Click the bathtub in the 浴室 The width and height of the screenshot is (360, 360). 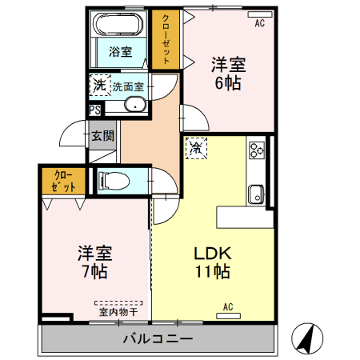point(118,24)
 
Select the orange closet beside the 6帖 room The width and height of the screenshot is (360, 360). point(166,39)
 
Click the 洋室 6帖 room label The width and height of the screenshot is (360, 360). point(227,72)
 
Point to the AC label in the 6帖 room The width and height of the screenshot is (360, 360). point(259,23)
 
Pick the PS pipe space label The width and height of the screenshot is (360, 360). point(94,110)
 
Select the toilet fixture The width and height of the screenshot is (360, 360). point(111,181)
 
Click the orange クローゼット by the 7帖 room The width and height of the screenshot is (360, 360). point(63,181)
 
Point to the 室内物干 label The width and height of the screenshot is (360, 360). point(118,311)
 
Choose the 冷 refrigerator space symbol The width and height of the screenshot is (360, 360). point(196,148)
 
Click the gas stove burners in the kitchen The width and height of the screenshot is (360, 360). point(257,150)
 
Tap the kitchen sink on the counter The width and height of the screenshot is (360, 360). point(257,193)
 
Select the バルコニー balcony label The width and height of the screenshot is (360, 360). point(158,338)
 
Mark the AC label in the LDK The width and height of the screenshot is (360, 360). point(228,306)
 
